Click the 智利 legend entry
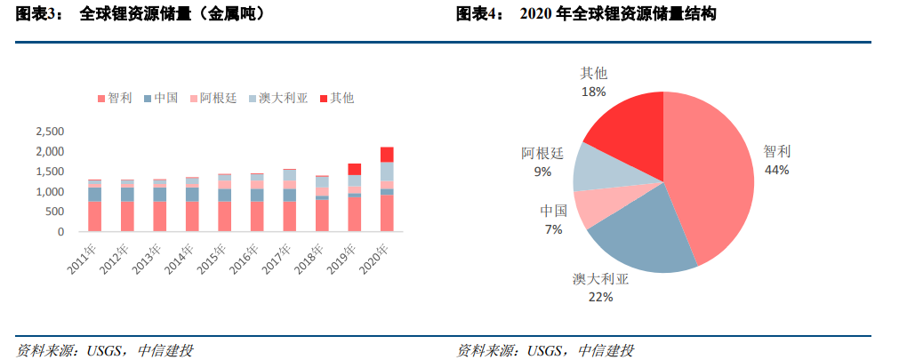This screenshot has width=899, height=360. click(x=115, y=98)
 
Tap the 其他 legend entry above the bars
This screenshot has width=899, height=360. click(x=336, y=98)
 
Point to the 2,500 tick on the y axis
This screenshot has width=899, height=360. click(x=49, y=132)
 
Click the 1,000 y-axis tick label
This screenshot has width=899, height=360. click(x=49, y=192)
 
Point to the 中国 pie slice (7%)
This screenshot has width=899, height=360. click(x=591, y=209)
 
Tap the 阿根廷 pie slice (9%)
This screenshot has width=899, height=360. click(x=593, y=169)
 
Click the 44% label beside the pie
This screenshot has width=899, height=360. click(x=776, y=170)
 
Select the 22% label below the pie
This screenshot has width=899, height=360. click(x=600, y=296)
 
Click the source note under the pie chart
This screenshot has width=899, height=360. click(x=545, y=350)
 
